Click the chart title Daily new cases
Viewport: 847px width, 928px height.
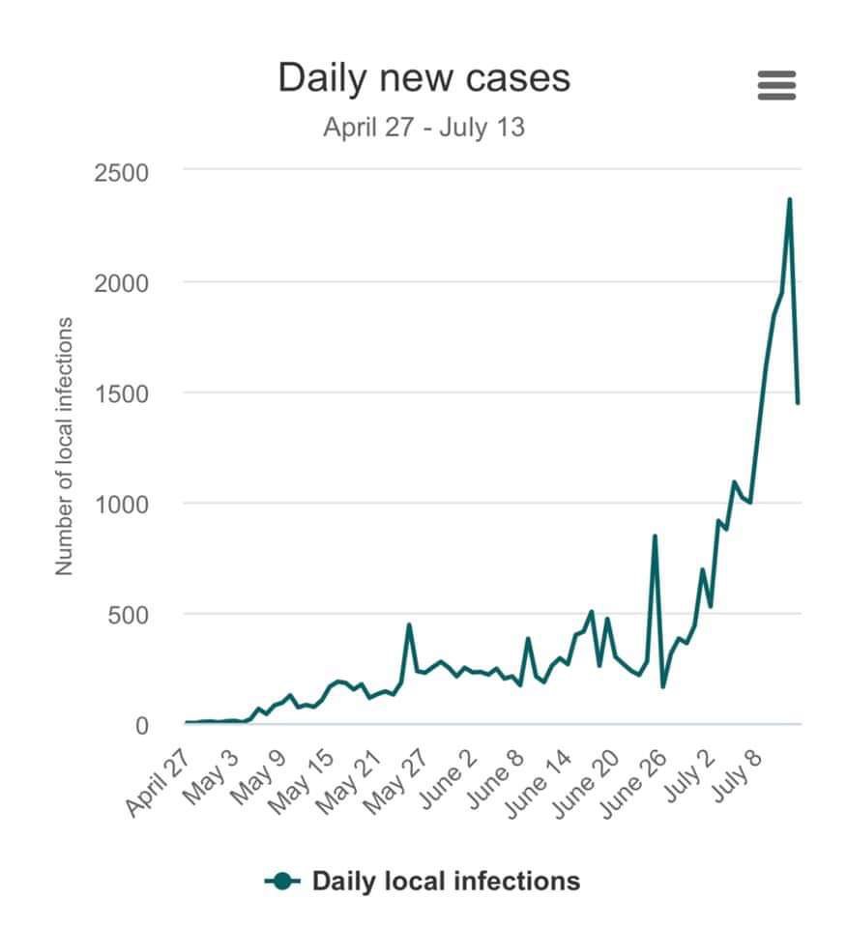click(x=423, y=78)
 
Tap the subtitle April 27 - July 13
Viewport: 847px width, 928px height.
click(x=423, y=128)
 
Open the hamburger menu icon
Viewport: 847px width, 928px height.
click(x=776, y=85)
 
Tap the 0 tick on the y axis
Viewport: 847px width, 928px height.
click(x=141, y=726)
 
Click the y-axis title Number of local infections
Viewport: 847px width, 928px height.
click(x=65, y=447)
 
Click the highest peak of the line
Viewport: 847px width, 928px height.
click(x=789, y=199)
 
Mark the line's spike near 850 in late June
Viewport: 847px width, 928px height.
click(x=655, y=536)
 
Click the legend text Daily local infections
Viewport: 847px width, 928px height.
click(x=446, y=881)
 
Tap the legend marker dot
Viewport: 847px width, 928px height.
click(x=282, y=881)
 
